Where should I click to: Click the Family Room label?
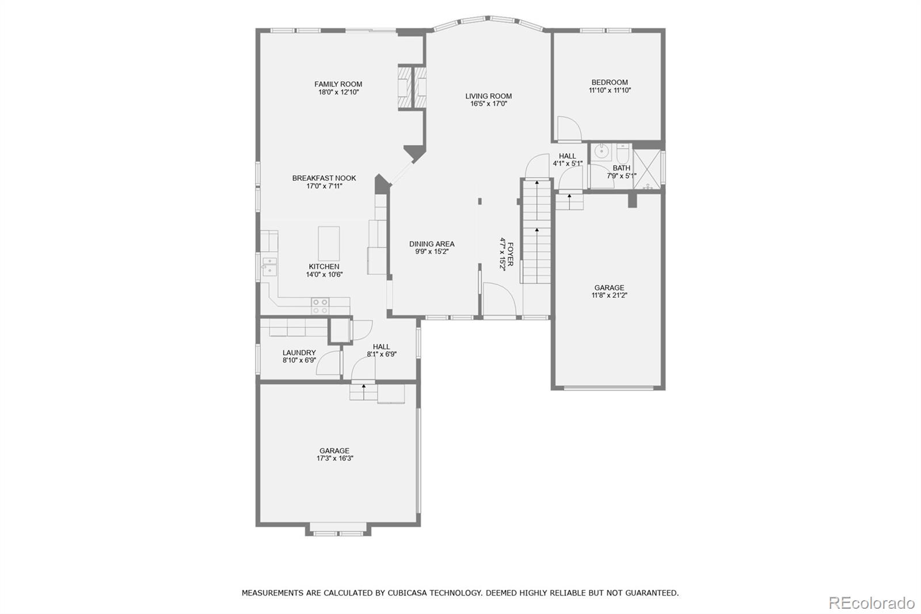(338, 84)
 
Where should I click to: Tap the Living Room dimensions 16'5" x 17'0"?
(488, 104)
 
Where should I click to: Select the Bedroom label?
(610, 82)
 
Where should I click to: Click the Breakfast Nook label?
(324, 178)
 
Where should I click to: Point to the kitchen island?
(329, 244)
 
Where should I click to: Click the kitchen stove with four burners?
(320, 305)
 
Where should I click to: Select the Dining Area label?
(432, 244)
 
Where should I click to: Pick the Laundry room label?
(299, 353)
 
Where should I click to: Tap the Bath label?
(621, 168)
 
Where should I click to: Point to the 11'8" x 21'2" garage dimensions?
(609, 295)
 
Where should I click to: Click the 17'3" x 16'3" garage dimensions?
(334, 458)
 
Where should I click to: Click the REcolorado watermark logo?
(871, 602)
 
